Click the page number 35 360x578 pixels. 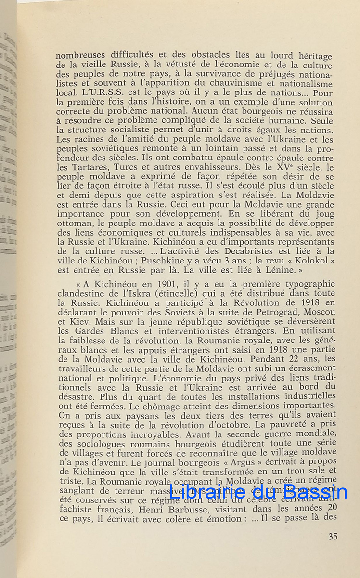[333, 537]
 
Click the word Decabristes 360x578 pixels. [246, 251]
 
